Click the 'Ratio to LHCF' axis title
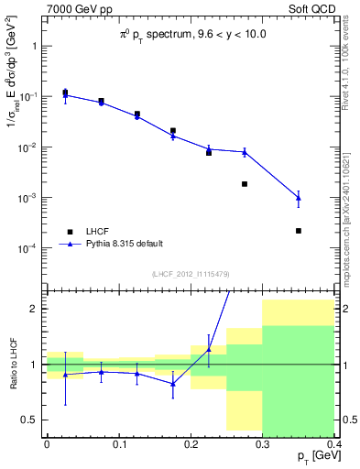12,364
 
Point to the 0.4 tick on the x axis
334,443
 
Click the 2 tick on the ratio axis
38,309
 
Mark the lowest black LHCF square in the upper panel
299,231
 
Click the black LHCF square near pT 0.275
245,184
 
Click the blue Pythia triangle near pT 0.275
245,152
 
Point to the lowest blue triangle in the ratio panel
172,383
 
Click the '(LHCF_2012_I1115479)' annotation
191,274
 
